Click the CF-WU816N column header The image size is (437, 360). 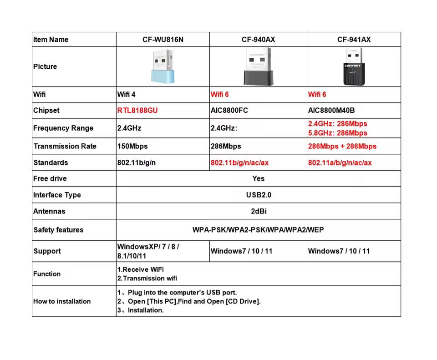[163, 40]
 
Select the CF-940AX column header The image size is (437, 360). [258, 40]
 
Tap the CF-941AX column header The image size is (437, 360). [354, 40]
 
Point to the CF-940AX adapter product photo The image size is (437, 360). [258, 67]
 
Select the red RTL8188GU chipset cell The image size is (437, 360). [137, 111]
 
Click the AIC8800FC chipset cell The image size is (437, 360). [229, 111]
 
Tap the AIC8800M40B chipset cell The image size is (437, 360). [331, 111]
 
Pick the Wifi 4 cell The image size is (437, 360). [127, 95]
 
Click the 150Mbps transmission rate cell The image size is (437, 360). [132, 147]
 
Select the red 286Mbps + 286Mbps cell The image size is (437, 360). [342, 147]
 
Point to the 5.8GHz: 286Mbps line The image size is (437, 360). [337, 133]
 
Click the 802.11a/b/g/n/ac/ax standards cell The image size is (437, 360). [340, 163]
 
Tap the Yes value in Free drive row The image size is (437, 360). [258, 179]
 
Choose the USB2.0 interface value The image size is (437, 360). [258, 195]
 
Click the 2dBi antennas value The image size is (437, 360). [258, 212]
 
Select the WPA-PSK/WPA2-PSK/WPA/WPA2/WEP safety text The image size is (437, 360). [258, 230]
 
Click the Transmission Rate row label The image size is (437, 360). [65, 147]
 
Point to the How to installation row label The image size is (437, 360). [62, 301]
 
